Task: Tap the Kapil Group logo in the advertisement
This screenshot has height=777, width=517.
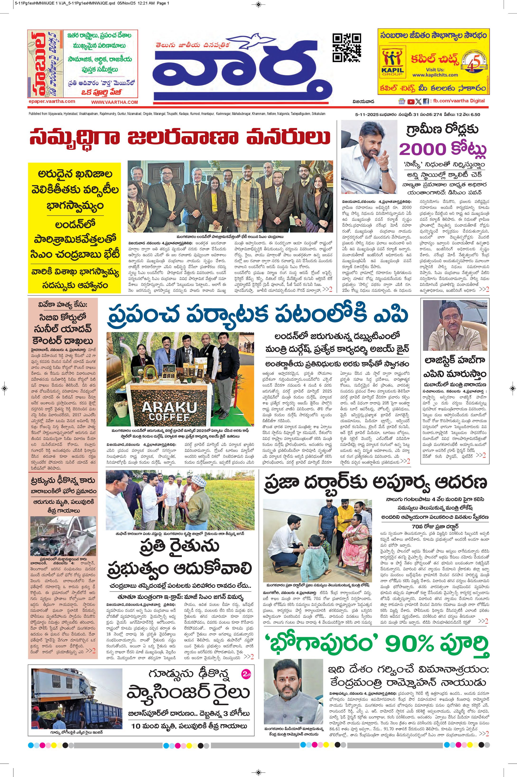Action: point(392,61)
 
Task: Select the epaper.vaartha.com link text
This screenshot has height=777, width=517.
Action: point(52,101)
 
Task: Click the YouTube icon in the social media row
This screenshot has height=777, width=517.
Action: point(411,101)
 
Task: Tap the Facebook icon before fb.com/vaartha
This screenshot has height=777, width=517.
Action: point(426,101)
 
